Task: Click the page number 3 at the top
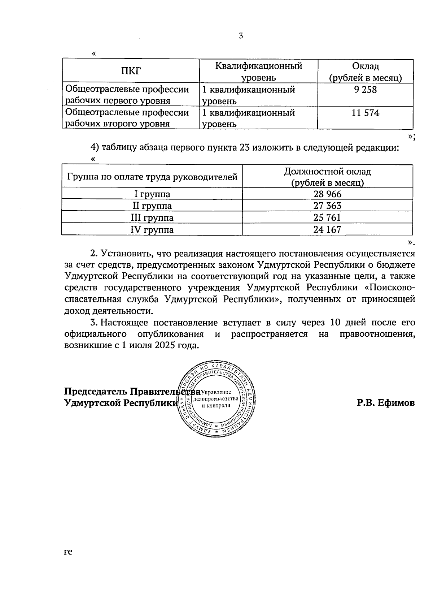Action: click(241, 36)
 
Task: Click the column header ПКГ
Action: click(131, 71)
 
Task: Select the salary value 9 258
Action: click(365, 90)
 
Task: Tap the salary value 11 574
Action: click(365, 113)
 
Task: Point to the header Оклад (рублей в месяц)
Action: click(365, 72)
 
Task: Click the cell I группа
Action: click(152, 194)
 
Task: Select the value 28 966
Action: click(327, 194)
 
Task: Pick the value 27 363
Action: click(327, 206)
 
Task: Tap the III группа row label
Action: click(152, 218)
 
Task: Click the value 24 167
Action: click(327, 230)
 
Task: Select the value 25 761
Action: click(327, 218)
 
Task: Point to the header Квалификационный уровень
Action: click(258, 72)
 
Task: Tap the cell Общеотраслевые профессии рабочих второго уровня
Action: click(127, 118)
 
